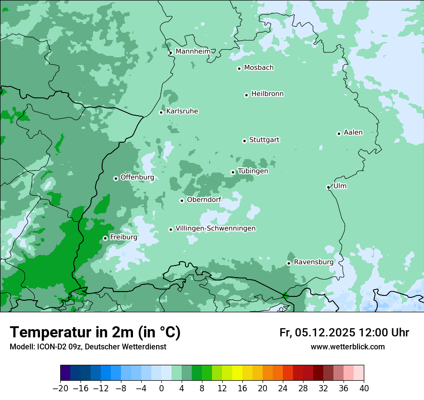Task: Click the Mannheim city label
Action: [193, 52]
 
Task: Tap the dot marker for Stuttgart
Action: [244, 141]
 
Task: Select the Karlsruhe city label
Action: [182, 111]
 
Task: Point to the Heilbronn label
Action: [267, 94]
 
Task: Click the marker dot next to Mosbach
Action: [239, 68]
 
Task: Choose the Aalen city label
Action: [353, 133]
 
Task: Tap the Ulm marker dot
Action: [328, 187]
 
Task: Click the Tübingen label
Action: [253, 171]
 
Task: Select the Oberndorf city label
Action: [204, 200]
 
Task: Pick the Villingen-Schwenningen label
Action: [215, 228]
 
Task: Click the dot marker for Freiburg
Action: [105, 238]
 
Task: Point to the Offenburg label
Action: [137, 177]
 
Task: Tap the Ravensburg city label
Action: [314, 262]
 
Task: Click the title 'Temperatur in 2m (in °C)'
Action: [95, 332]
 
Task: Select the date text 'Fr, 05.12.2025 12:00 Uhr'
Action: [344, 333]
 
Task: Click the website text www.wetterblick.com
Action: [348, 347]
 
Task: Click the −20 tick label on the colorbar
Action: [60, 388]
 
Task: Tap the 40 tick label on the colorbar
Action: [364, 388]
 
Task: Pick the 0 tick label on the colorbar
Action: [161, 388]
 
